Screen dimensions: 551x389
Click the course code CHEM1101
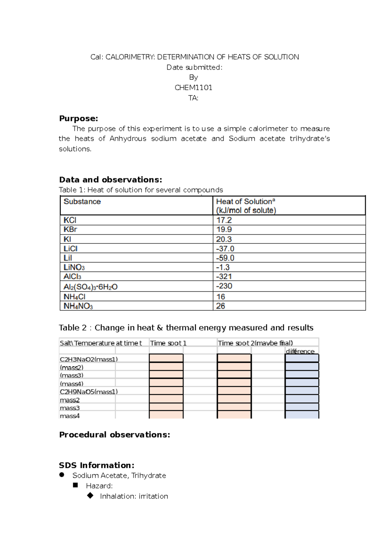point(194,88)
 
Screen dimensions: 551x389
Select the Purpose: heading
point(78,118)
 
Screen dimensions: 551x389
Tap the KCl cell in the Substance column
point(70,220)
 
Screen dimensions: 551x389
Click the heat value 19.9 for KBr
point(224,229)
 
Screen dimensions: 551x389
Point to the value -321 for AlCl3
point(224,276)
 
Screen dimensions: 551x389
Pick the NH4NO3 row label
point(78,306)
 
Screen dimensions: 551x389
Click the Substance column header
point(82,202)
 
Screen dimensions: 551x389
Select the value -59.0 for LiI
point(225,258)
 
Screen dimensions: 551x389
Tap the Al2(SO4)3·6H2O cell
point(90,287)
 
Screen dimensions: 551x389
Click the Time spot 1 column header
point(168,343)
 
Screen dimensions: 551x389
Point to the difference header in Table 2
point(300,351)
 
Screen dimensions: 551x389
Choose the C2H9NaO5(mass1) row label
point(88,392)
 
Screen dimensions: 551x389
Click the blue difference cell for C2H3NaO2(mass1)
point(302,358)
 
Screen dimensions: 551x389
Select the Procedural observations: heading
point(114,435)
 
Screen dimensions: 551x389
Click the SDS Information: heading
point(97,465)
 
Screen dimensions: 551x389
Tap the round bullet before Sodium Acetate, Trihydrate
point(62,475)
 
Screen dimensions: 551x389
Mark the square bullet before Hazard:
point(76,485)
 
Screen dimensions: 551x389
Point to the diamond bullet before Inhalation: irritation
point(90,496)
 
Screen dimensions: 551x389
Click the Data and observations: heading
point(110,180)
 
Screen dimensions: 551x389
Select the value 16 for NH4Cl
point(221,297)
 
